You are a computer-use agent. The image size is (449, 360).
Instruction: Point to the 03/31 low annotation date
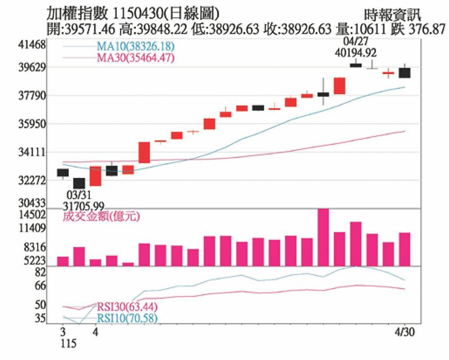(x=79, y=195)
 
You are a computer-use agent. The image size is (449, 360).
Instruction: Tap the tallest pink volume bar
(x=323, y=237)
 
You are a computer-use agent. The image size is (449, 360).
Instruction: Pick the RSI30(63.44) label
(x=127, y=306)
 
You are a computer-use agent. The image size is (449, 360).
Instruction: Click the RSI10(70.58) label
(x=127, y=317)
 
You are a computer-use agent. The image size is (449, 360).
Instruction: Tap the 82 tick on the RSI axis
(x=40, y=273)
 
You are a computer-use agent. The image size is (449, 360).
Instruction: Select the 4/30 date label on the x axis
(x=404, y=331)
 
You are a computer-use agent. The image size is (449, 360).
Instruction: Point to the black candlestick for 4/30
(x=404, y=72)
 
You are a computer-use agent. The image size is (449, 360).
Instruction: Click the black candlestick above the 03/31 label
(x=79, y=183)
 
